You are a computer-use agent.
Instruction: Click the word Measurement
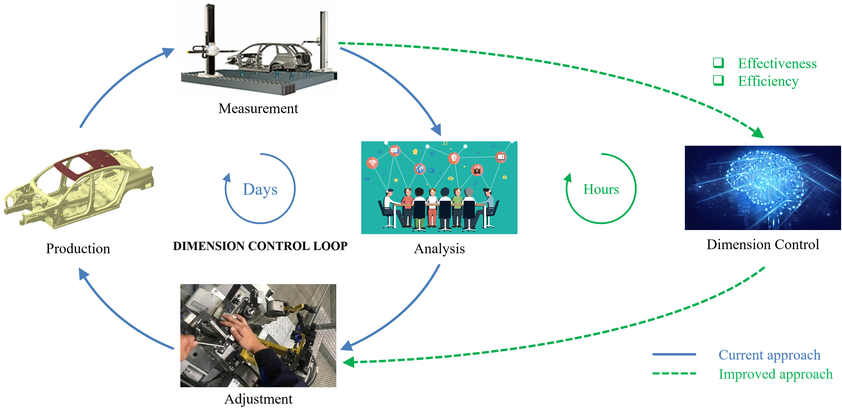tap(258, 109)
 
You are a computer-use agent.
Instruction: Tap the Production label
tap(78, 249)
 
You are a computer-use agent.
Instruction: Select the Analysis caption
tap(439, 249)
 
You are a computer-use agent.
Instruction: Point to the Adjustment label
tap(258, 399)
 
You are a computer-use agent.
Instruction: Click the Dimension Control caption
tap(763, 245)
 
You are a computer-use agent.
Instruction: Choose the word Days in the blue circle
tap(260, 190)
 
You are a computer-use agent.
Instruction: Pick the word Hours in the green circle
tap(601, 189)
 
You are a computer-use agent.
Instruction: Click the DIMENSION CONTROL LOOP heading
tap(260, 246)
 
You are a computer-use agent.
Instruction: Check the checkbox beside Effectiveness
tap(718, 63)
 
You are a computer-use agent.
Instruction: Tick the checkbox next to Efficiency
tap(718, 80)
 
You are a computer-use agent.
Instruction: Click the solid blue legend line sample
tap(674, 354)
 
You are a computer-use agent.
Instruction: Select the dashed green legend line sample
tap(674, 373)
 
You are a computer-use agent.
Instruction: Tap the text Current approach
tap(769, 355)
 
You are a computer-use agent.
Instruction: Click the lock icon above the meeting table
tap(477, 170)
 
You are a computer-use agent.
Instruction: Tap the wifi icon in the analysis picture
tap(372, 162)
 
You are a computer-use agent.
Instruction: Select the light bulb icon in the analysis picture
tap(454, 158)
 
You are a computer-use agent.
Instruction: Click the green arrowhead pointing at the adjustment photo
tap(348, 362)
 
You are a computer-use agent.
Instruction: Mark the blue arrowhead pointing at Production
tap(83, 274)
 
